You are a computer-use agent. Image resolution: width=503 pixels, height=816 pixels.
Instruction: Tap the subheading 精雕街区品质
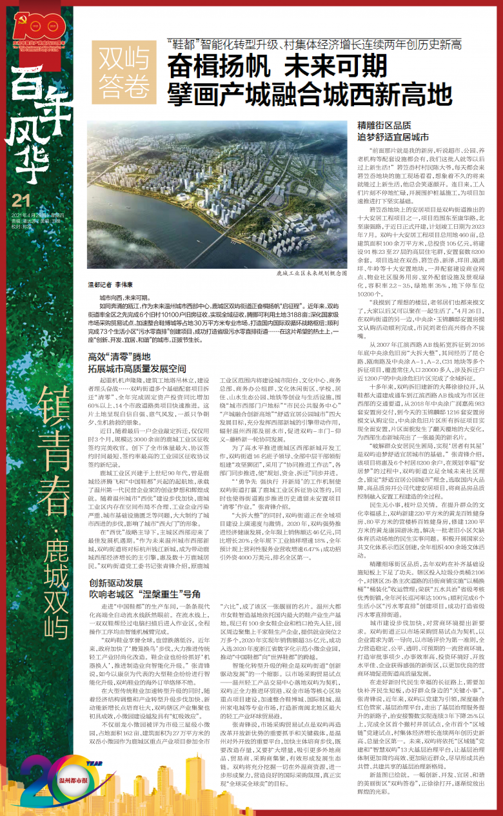coord(384,126)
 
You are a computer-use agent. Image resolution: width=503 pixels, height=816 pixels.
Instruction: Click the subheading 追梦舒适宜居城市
coord(393,137)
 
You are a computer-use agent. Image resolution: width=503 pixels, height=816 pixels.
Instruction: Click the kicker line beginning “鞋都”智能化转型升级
coord(313,44)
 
